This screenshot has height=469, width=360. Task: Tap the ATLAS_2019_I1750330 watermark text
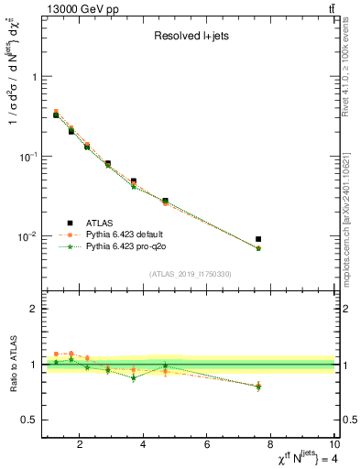pyautogui.click(x=190, y=274)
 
